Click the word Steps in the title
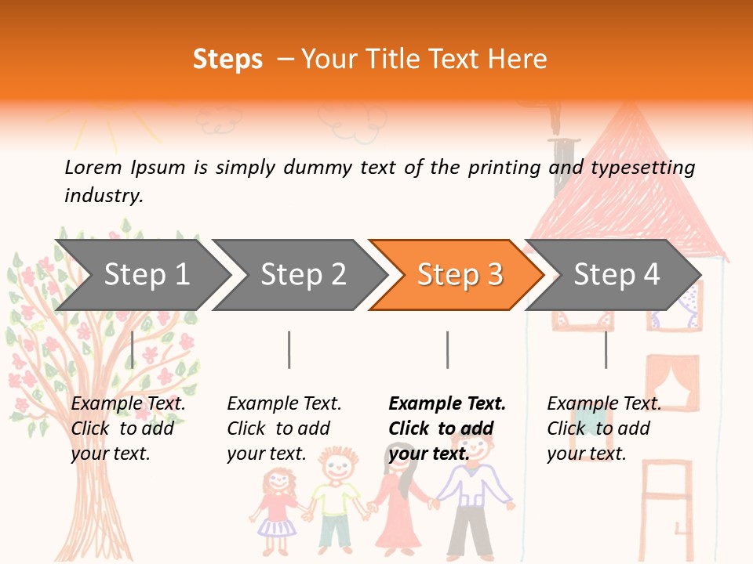[x=227, y=60]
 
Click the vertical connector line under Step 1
[x=133, y=349]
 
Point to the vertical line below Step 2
[x=289, y=349]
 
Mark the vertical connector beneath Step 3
[x=447, y=349]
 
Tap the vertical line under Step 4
[x=606, y=349]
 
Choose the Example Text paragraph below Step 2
[x=284, y=428]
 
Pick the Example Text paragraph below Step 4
[x=604, y=428]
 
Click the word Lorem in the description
[x=93, y=168]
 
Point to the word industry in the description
[x=103, y=196]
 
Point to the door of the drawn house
[x=667, y=509]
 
